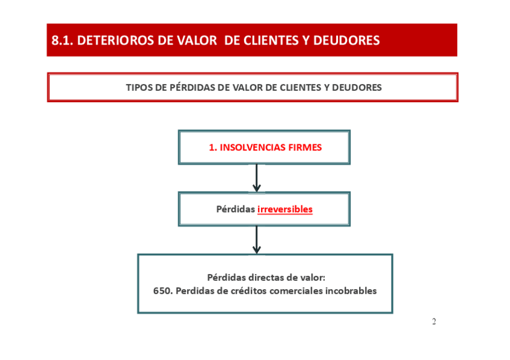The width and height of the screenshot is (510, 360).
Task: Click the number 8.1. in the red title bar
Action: pos(63,40)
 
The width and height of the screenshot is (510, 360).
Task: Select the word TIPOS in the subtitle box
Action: pos(138,87)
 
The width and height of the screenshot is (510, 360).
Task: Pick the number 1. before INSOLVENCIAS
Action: pos(212,147)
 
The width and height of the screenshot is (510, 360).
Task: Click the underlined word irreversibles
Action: pos(285,209)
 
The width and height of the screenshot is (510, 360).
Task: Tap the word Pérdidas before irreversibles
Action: pos(236,209)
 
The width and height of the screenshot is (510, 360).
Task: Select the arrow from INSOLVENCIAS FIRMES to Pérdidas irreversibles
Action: pos(257,178)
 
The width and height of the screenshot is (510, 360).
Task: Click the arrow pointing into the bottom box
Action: pos(257,240)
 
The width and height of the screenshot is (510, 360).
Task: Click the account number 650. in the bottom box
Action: pos(163,291)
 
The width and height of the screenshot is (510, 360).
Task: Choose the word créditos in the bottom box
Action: pos(244,291)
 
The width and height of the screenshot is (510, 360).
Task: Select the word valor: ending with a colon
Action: pos(313,278)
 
